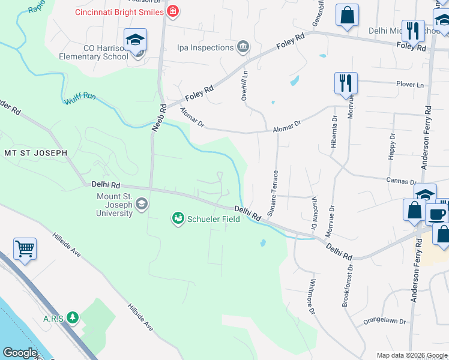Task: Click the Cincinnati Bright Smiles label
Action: click(119, 12)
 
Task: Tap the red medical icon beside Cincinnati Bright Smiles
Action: click(173, 11)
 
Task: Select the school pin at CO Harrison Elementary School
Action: click(135, 40)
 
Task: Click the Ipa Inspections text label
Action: click(205, 47)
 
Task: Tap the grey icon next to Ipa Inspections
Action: click(243, 46)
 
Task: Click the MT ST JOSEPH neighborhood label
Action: click(35, 153)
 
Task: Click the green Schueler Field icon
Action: click(178, 219)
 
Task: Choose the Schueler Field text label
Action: click(213, 219)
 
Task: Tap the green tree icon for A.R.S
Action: click(73, 317)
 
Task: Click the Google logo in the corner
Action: click(20, 353)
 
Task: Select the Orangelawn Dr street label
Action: click(385, 322)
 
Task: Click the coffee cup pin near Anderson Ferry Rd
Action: click(436, 214)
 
